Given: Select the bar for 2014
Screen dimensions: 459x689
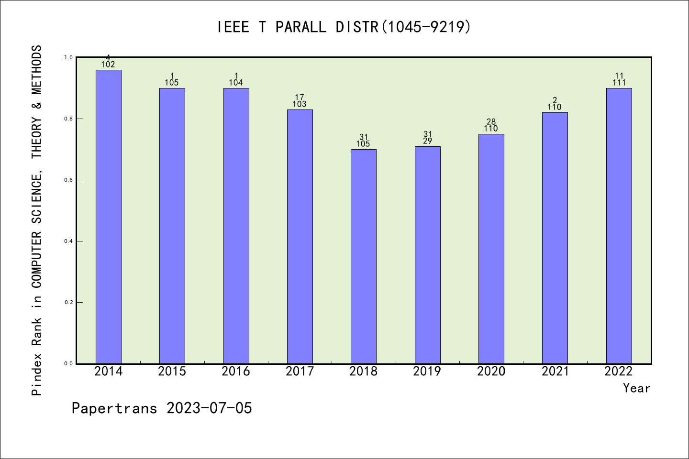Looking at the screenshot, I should point(109,217).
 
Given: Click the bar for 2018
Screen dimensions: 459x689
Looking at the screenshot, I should point(364,256).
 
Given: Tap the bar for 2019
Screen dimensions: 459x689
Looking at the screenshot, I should point(427,255).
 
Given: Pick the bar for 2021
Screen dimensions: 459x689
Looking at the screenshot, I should point(555,238).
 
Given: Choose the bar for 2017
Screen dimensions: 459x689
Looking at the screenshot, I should point(300,237).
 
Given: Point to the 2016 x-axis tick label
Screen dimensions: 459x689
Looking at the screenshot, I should point(236,371).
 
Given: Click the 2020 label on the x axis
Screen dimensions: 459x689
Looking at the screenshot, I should point(491,371).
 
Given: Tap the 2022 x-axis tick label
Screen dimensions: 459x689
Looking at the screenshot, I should point(619,371).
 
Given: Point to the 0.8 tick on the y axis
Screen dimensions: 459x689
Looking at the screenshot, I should point(68,119).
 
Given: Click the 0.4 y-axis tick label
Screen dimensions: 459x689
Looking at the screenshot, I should point(68,241).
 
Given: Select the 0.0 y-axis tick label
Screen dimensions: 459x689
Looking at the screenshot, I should point(68,363).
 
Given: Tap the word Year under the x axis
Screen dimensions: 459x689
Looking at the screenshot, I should point(636,388).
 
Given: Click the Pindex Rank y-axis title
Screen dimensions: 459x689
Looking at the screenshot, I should point(37,220).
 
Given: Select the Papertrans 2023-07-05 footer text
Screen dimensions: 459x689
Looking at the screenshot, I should point(162,408).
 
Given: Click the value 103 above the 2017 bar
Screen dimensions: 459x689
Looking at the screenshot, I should point(300,104).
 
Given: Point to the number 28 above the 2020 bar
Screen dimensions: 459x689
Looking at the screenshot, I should point(491,122).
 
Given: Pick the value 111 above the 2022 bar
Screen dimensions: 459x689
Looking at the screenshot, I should point(619,83).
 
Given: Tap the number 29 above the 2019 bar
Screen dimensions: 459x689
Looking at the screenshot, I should point(427,141).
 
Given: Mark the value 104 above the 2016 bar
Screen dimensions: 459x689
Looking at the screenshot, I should point(236,83).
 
